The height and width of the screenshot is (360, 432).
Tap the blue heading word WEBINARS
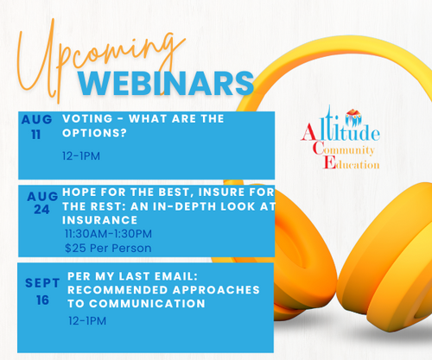tap(166, 84)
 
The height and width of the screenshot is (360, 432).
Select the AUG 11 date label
tap(36, 127)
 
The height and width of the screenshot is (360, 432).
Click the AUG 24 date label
tap(42, 203)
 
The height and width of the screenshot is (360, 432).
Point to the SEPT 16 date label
tap(42, 292)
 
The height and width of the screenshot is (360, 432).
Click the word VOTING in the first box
tap(87, 118)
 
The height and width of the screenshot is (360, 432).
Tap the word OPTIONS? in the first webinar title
tap(94, 133)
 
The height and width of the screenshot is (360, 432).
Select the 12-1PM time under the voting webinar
tap(81, 156)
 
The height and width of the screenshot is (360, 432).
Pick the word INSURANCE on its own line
tap(99, 220)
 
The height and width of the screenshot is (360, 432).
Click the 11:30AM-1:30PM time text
tap(108, 234)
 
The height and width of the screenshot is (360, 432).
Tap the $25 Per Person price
tap(108, 248)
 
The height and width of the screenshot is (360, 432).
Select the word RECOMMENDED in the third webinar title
tap(118, 290)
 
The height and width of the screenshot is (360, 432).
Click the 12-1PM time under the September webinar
tap(87, 321)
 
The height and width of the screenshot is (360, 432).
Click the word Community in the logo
tap(344, 149)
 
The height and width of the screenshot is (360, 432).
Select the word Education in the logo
tap(351, 164)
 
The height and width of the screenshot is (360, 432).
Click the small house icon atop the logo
tap(354, 112)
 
